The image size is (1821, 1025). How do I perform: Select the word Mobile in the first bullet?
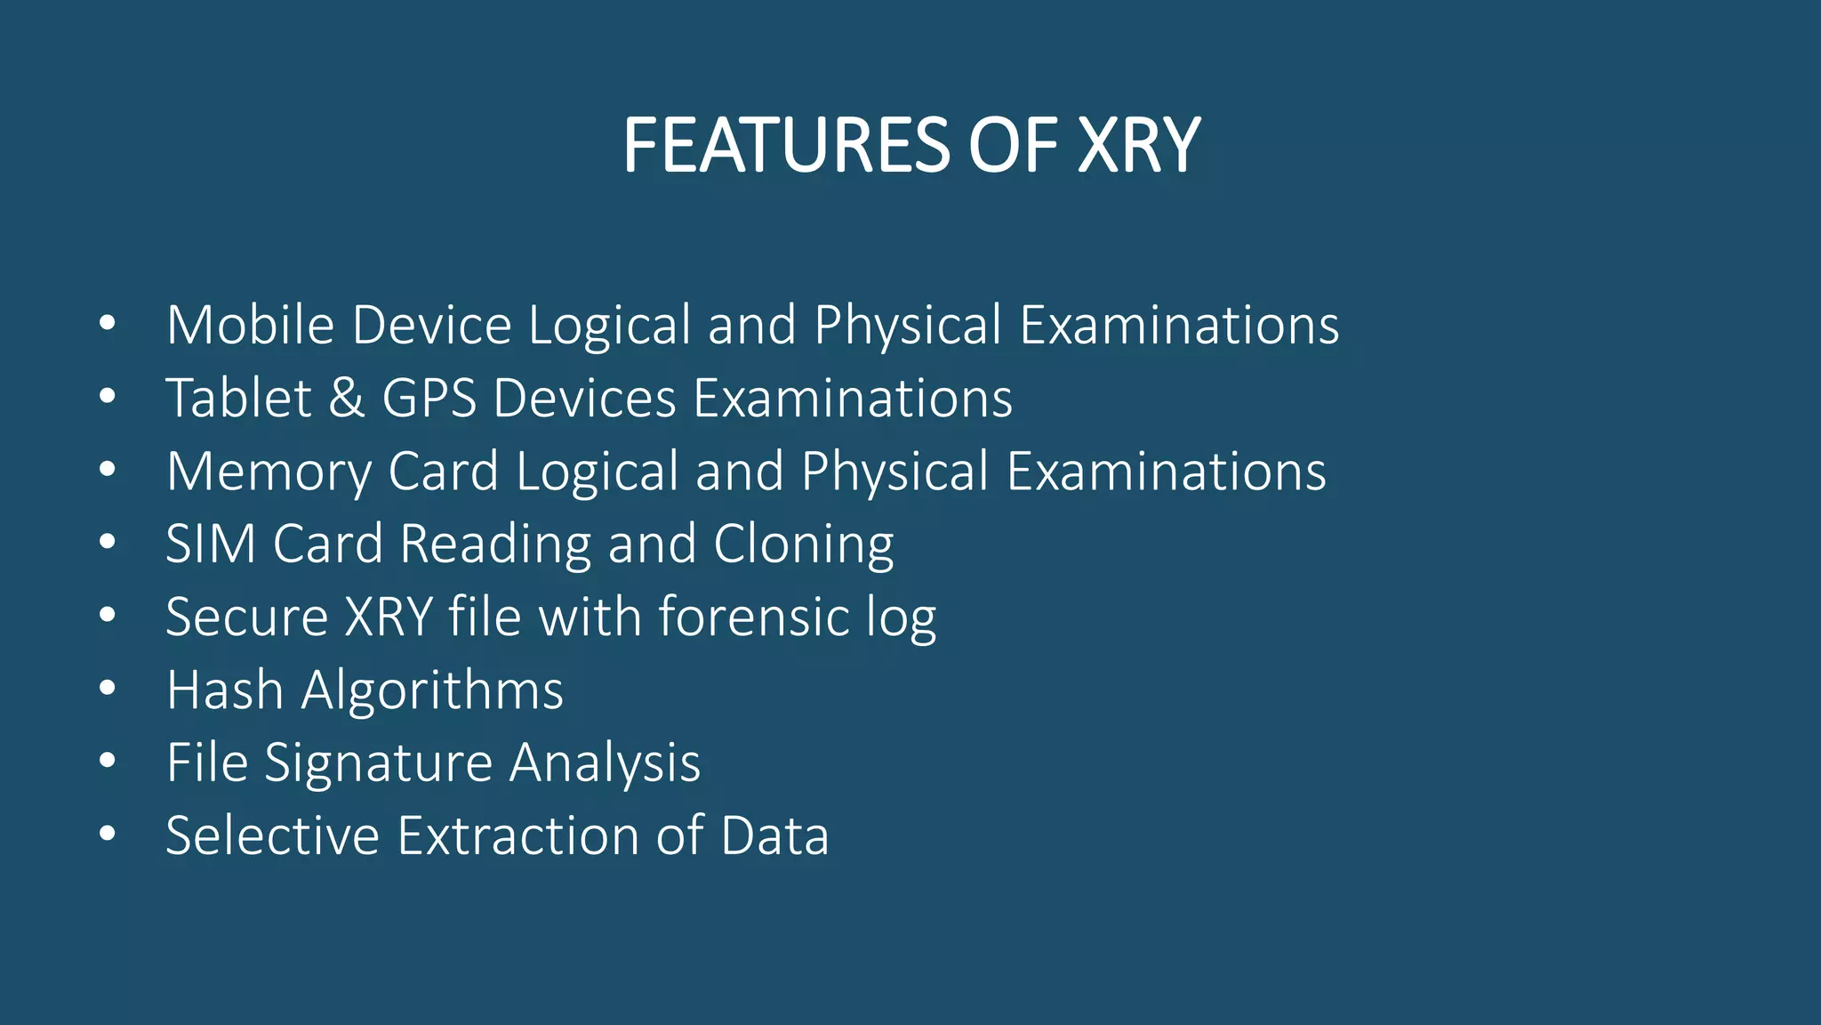pos(250,325)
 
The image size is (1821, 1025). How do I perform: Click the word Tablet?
pos(238,398)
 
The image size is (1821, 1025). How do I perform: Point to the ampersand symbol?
pos(347,398)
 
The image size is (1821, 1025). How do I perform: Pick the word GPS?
pos(429,398)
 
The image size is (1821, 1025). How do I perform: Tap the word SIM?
pos(211,544)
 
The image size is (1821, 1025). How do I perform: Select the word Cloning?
pos(803,545)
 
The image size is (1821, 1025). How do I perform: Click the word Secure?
pos(247,617)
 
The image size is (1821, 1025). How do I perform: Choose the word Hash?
pos(225,690)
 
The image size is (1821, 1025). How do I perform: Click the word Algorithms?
pos(432,691)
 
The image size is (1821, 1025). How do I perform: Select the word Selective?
pos(272,835)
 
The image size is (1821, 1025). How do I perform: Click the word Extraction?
pos(517,835)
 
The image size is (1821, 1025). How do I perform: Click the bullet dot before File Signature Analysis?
pos(108,761)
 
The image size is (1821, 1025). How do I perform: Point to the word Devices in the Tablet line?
pos(584,398)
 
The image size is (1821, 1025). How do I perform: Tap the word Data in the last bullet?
pos(774,835)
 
